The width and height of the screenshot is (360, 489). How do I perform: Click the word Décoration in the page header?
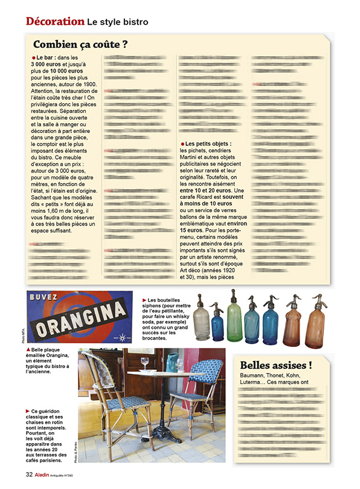55,21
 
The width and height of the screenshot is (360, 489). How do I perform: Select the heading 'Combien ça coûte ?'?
80,44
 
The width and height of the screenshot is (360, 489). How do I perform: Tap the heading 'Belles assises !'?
275,364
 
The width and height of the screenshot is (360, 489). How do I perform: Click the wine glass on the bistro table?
144,364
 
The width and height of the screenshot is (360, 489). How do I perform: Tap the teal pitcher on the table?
172,363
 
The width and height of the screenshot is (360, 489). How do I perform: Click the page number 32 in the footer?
28,473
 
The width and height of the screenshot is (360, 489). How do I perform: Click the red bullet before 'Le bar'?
34,57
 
